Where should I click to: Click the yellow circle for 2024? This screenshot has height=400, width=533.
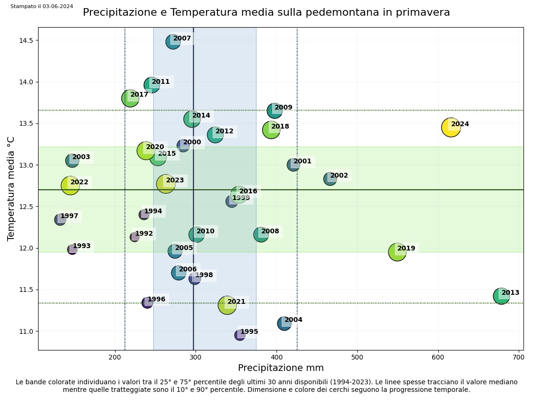[x=451, y=127]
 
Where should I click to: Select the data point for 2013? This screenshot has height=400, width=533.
[x=501, y=296]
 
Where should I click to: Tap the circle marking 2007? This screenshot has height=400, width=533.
[x=173, y=42]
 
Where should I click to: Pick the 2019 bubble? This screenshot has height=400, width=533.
[x=397, y=251]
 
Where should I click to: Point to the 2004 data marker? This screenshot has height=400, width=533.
[x=284, y=324]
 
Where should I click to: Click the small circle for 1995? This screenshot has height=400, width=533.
[x=240, y=335]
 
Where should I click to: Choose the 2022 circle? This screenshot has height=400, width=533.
[x=70, y=185]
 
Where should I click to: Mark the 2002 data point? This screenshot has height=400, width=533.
[x=330, y=179]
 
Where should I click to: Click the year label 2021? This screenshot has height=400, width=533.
[x=236, y=302]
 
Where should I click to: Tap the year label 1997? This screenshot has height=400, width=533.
[x=69, y=216]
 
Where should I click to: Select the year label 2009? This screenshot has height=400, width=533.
[x=284, y=108]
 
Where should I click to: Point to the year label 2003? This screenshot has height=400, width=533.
[x=81, y=157]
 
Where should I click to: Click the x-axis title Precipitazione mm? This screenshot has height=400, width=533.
[x=281, y=368]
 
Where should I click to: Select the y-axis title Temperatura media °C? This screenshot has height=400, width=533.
[x=11, y=189]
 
